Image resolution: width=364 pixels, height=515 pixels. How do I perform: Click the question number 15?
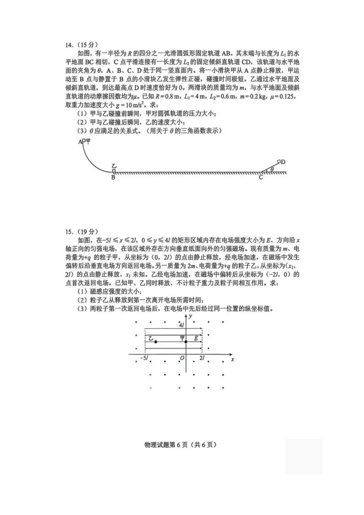pos(69,231)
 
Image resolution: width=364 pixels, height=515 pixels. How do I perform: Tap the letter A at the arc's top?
pos(80,142)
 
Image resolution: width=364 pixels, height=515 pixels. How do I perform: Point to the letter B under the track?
pos(113,177)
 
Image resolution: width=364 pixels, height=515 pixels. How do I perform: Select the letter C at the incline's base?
pos(261,177)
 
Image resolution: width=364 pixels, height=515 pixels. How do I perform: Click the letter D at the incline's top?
pos(283,162)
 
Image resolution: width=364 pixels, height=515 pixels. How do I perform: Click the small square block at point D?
pos(279,161)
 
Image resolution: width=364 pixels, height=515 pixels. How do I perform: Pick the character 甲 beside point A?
pos(88,141)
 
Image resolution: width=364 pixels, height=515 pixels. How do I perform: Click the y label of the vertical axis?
pos(190,316)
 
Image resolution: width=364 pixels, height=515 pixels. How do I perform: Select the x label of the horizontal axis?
pos(233,360)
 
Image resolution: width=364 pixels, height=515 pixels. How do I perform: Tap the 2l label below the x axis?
pos(202,358)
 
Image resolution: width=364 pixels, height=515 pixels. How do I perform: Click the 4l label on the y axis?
pos(181,325)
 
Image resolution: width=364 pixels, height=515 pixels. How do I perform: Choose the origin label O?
pos(182,358)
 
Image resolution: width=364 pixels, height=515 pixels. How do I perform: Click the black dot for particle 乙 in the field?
pos(156,342)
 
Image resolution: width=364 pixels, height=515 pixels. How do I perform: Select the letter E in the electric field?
pos(196,338)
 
